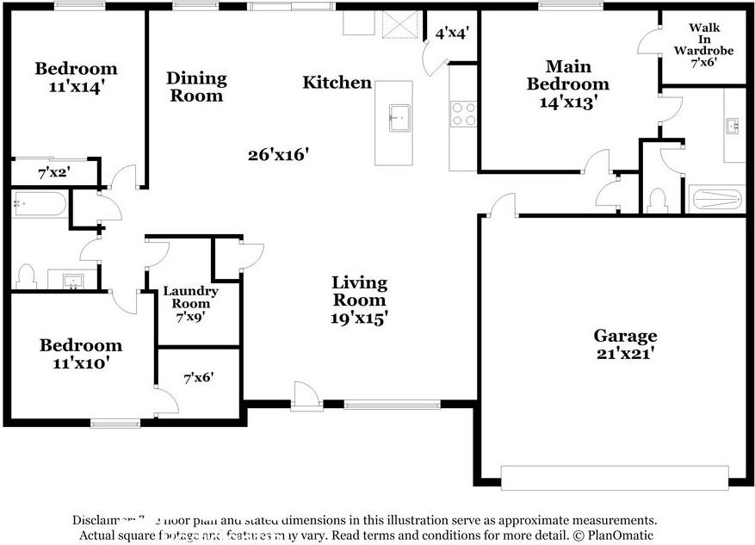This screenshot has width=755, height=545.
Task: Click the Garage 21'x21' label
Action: (x=624, y=344)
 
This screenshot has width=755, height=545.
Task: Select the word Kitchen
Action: (x=337, y=83)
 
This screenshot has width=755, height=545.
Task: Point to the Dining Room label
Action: (x=196, y=87)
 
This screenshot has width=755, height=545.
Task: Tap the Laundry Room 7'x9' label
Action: (x=190, y=303)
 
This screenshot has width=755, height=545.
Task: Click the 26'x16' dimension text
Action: (x=277, y=155)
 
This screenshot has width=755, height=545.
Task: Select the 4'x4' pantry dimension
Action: (x=451, y=34)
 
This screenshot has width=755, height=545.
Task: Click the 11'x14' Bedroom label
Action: (x=75, y=77)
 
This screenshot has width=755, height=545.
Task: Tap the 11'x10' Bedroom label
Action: (x=81, y=354)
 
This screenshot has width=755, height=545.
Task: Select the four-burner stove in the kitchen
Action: (x=463, y=114)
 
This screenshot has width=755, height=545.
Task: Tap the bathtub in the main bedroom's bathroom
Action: (x=715, y=200)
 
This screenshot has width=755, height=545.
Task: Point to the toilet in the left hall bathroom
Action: (x=26, y=276)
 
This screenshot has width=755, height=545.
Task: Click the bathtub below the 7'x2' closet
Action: (x=40, y=205)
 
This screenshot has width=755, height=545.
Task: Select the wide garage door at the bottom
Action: (x=613, y=478)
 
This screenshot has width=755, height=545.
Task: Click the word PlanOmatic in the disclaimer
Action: (x=616, y=535)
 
